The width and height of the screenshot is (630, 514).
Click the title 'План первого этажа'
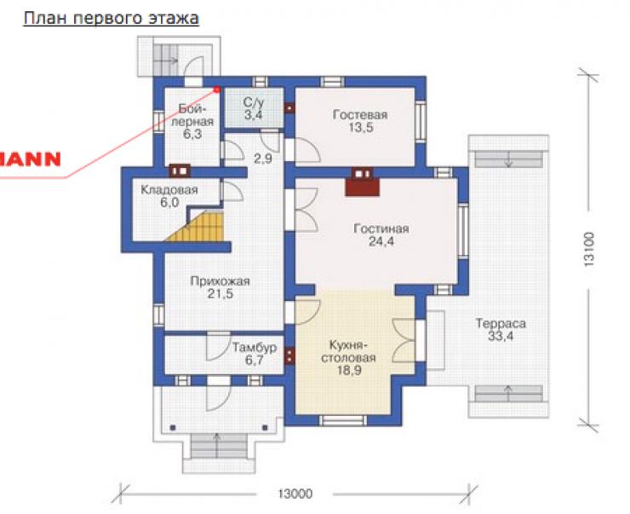click(111, 19)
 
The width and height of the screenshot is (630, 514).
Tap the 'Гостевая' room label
click(360, 114)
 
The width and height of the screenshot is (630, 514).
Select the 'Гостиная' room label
click(381, 228)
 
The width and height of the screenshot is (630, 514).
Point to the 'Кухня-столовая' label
click(349, 351)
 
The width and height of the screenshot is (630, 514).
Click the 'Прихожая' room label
click(220, 280)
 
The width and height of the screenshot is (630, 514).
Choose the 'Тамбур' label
click(255, 347)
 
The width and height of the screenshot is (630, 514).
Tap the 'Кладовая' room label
click(169, 189)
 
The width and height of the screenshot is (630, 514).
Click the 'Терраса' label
click(501, 323)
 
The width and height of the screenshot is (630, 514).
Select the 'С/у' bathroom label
click(254, 102)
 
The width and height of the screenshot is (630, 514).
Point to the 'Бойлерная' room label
click(192, 114)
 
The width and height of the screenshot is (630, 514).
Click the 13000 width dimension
click(295, 494)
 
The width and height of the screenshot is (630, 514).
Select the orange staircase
click(196, 228)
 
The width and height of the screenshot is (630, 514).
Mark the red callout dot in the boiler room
click(217, 90)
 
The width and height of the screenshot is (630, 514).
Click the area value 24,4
click(381, 242)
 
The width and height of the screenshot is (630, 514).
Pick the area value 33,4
click(501, 336)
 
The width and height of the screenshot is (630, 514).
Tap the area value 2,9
click(263, 159)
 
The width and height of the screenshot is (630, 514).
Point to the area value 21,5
click(220, 294)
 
